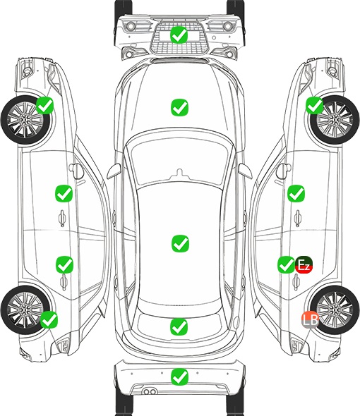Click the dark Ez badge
(x=304, y=264)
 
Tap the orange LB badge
(x=310, y=319)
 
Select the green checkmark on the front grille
(x=179, y=35)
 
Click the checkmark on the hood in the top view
(x=179, y=107)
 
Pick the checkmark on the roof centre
(x=180, y=243)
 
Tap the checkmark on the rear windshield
(x=179, y=326)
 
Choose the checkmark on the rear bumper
(x=179, y=377)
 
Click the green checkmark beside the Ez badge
(x=286, y=264)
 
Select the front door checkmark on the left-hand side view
(x=64, y=193)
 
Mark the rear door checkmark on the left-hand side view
(x=64, y=264)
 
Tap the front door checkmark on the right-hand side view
(x=296, y=193)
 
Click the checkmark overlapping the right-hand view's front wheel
(x=315, y=105)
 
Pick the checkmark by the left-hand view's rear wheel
(x=49, y=319)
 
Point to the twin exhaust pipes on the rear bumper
(x=150, y=391)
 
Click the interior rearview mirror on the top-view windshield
(x=180, y=173)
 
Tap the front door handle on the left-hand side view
(x=62, y=218)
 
